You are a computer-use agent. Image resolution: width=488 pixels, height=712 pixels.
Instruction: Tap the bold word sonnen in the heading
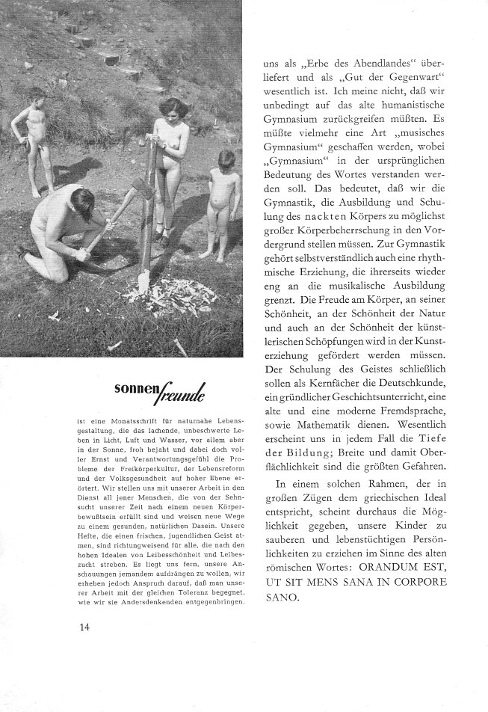point(135,390)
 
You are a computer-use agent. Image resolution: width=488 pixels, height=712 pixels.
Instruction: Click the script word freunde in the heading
point(180,392)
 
